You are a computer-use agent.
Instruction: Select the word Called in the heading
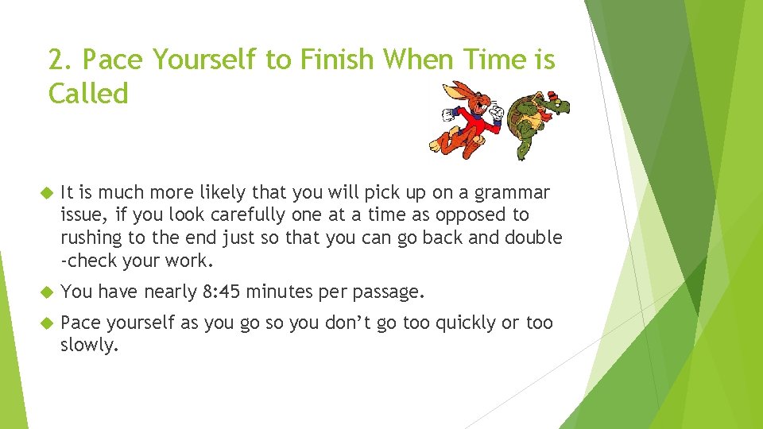click(x=88, y=94)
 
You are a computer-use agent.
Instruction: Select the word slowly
click(x=88, y=345)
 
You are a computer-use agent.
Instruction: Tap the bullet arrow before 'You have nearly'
click(x=45, y=292)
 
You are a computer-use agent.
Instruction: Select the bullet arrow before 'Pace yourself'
click(x=45, y=323)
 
